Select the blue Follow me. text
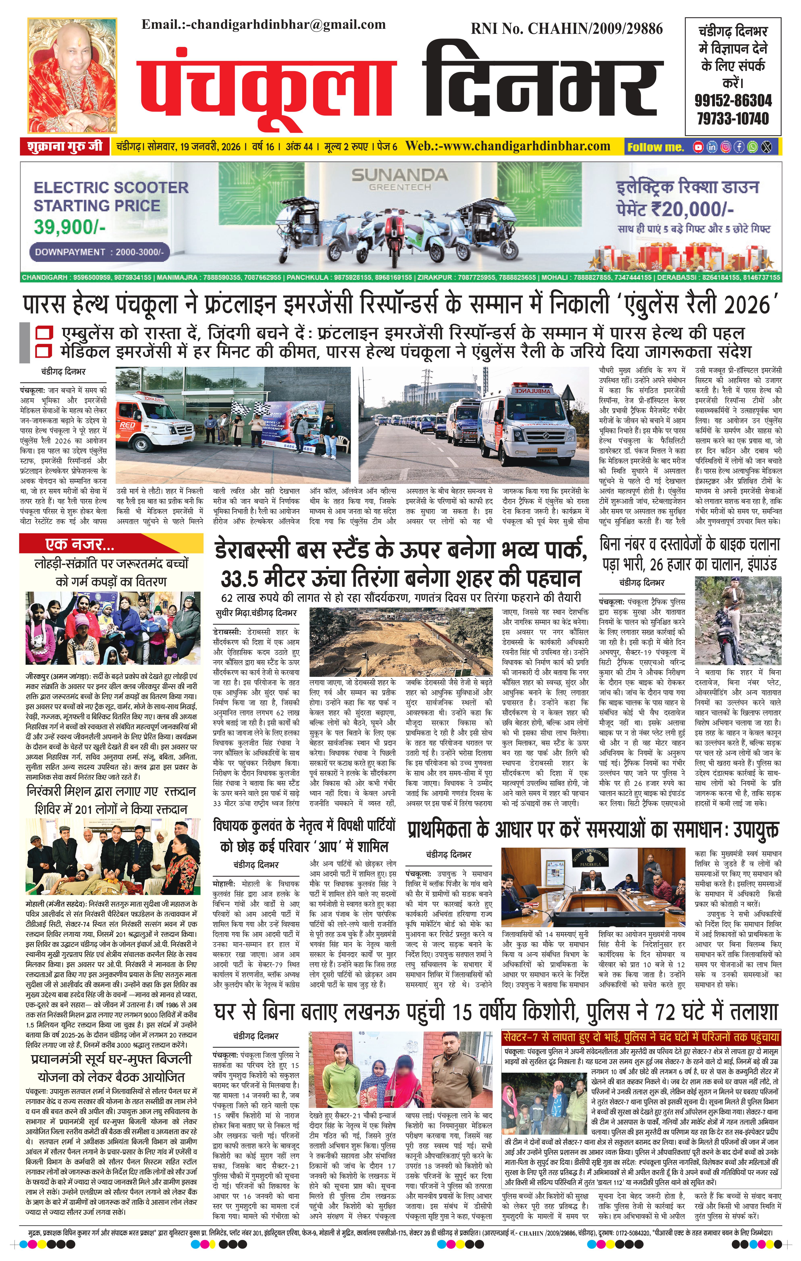[x=656, y=147]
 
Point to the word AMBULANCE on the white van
[x=525, y=391]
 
